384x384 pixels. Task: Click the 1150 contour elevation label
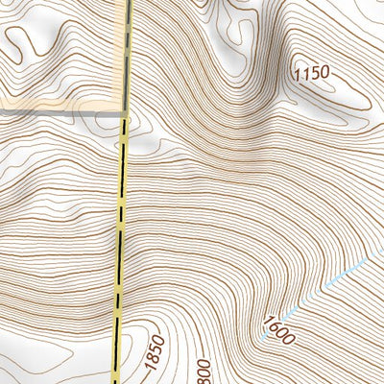310,72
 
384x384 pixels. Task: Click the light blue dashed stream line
326,283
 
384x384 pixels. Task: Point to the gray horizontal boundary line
58,112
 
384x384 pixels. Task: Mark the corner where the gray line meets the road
126,112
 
